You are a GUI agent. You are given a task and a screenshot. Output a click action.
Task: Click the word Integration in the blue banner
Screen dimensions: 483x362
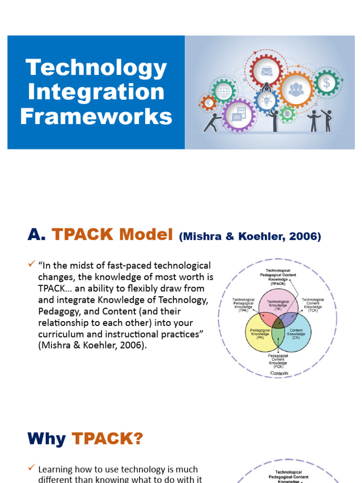(x=96, y=92)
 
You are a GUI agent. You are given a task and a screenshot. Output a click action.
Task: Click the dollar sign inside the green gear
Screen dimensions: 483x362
(x=326, y=83)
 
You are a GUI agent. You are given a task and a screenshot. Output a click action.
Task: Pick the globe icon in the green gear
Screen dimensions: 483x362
(x=223, y=91)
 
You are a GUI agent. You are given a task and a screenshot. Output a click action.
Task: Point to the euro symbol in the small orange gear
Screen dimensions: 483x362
(x=208, y=103)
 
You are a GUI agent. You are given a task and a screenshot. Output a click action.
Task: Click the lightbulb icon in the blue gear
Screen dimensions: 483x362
(x=266, y=101)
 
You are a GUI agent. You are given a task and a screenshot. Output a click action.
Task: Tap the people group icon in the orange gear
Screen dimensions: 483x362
(x=296, y=90)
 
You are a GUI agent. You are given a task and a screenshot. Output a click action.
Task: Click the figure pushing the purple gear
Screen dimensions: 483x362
(x=212, y=122)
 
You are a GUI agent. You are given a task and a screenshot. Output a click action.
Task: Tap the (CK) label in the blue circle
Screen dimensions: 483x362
(x=296, y=338)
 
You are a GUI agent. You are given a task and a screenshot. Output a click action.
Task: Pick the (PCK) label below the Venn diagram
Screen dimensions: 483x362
(x=278, y=366)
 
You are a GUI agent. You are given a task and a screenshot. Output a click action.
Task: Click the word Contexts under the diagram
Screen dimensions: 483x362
(x=279, y=373)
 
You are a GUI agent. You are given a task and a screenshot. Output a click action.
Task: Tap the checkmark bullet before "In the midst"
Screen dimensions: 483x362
(x=32, y=266)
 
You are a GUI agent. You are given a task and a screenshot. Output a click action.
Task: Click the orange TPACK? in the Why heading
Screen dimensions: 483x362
(x=107, y=439)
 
